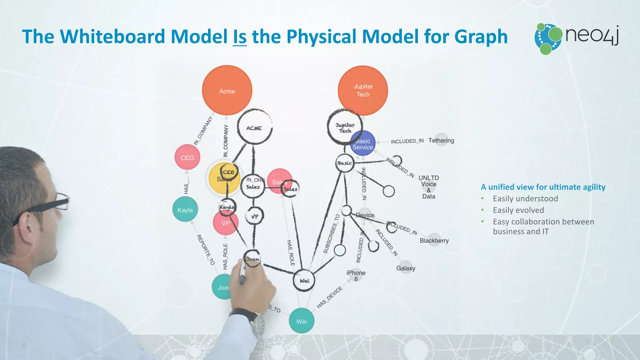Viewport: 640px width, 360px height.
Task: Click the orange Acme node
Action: [227, 91]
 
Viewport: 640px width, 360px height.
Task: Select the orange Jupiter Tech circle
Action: [363, 90]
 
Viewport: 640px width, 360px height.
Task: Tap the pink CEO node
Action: [187, 157]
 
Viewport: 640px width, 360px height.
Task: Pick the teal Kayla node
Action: [185, 210]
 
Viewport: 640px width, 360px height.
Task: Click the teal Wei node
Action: [301, 321]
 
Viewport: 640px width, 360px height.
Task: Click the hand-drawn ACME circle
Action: [254, 127]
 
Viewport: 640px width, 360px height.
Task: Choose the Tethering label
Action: [441, 141]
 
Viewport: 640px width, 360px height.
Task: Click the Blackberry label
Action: [434, 241]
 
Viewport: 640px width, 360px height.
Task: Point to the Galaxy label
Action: [406, 268]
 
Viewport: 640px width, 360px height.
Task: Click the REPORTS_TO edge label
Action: [205, 250]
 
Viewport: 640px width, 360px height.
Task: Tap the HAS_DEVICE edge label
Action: [329, 297]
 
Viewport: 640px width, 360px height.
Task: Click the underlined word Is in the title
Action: [240, 37]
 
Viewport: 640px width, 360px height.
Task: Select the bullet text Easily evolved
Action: [518, 210]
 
